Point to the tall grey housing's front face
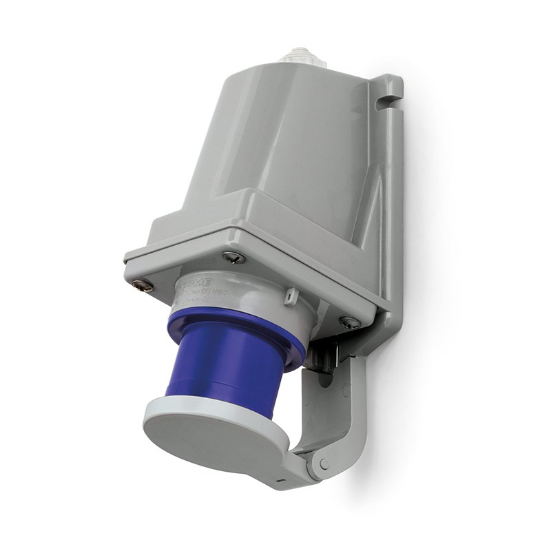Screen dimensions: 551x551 point(275,138)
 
